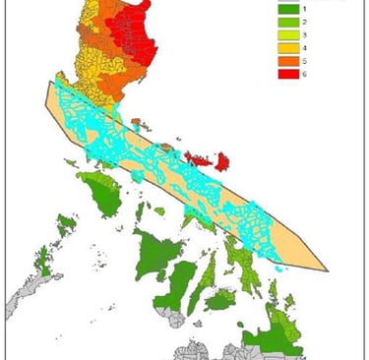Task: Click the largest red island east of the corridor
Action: (x=221, y=159)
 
